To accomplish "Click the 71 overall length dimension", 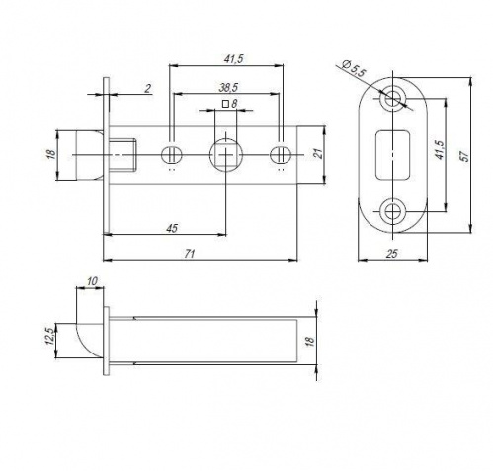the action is click(x=190, y=254).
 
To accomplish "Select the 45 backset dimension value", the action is click(x=172, y=228).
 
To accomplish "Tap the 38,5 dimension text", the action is click(x=228, y=88).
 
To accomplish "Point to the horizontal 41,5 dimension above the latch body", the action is click(x=233, y=59).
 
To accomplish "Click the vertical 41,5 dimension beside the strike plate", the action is click(x=440, y=150).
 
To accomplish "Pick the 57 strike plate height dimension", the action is click(x=465, y=156).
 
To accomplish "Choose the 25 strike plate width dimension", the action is click(x=392, y=254).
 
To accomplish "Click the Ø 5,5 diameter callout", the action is click(x=353, y=69).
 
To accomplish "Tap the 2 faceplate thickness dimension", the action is click(x=148, y=88).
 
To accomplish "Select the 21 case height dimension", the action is click(x=318, y=153).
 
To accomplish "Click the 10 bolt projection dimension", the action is click(x=93, y=281).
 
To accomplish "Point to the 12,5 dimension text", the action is click(x=50, y=336).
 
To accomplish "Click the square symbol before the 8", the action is click(x=225, y=104).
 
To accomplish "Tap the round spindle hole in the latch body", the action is click(x=226, y=154).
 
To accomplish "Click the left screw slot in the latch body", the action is click(x=172, y=154).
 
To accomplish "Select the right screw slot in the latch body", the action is click(x=281, y=154).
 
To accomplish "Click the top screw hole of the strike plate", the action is click(x=393, y=98).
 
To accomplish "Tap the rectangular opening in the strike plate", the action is click(x=393, y=155).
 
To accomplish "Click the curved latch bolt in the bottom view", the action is click(x=89, y=341).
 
